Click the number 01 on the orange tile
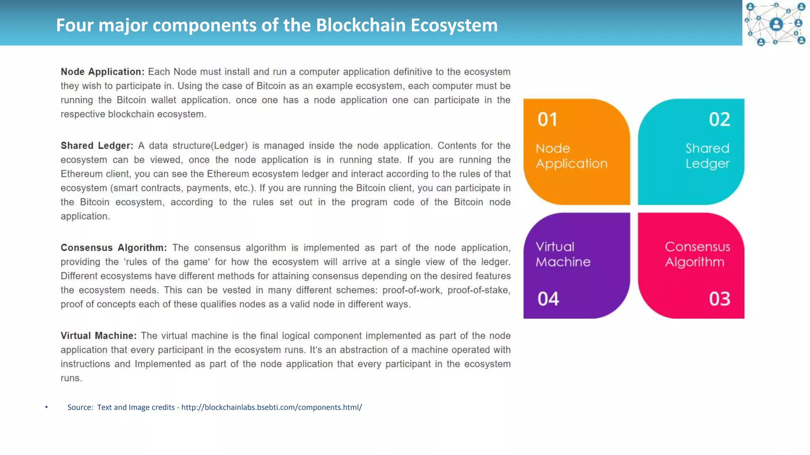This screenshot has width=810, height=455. coord(547,119)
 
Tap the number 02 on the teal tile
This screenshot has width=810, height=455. coord(719,119)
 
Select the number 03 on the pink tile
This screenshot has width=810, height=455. coord(719,299)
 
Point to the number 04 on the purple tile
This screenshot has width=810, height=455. coord(548,299)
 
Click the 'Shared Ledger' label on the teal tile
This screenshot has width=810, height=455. coord(707,156)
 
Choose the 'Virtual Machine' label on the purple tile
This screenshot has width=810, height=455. coord(563,254)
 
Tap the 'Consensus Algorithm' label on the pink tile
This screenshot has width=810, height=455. coord(697,254)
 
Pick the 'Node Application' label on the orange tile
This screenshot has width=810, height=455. coord(571,156)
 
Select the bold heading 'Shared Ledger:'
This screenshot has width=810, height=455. coord(97,146)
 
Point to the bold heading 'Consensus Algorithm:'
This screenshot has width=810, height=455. coord(114,248)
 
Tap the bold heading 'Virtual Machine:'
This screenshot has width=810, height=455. coord(98,336)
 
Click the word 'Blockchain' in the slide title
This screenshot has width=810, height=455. coord(361,25)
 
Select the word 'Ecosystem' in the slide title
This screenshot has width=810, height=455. coord(454,25)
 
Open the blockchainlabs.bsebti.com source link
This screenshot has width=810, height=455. coord(271,407)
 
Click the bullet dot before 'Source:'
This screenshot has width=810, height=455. coord(46,407)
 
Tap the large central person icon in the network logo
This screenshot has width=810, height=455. coord(776,24)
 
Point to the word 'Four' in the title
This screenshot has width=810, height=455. coord(74,25)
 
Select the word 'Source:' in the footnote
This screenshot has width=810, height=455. coord(80,407)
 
